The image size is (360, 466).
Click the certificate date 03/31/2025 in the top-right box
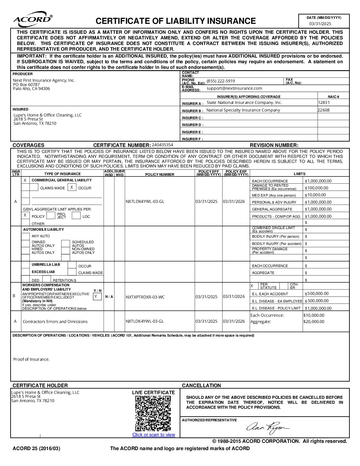[320, 23]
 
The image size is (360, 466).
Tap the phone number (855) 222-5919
[221, 81]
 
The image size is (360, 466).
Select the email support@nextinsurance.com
[234, 88]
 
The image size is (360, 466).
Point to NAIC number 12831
[324, 103]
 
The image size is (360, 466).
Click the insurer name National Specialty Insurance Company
[243, 110]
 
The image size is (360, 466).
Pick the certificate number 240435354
[162, 145]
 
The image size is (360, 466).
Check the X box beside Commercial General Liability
[25, 180]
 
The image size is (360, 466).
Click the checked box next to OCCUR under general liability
[72, 187]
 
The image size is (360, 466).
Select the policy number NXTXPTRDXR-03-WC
[145, 297]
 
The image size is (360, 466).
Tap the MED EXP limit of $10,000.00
[316, 195]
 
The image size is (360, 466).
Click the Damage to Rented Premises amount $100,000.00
[317, 188]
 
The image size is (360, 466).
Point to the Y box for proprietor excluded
[97, 297]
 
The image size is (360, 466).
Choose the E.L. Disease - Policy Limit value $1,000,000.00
[318, 308]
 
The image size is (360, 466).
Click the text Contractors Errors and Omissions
[55, 321]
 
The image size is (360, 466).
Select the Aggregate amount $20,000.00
[314, 322]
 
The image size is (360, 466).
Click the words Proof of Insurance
[31, 359]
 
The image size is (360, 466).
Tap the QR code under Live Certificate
[153, 413]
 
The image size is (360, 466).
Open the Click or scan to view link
[154, 435]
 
